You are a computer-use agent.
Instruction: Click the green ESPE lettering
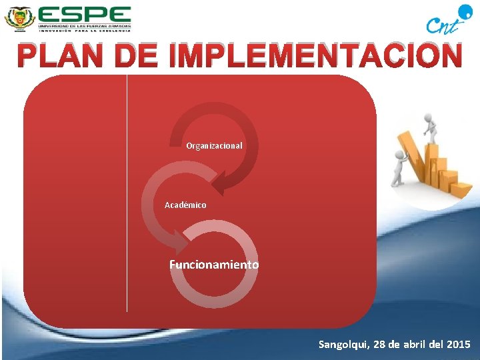click(x=84, y=14)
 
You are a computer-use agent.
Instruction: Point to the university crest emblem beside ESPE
click(x=19, y=17)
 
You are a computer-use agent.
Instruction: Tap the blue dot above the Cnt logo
click(x=463, y=9)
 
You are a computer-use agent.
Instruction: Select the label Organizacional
click(x=214, y=145)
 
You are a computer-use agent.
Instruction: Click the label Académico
click(x=185, y=205)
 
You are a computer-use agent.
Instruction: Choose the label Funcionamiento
click(x=214, y=265)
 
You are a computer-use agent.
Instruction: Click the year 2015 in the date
click(x=458, y=345)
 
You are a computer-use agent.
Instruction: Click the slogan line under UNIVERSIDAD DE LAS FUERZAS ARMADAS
click(x=84, y=29)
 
